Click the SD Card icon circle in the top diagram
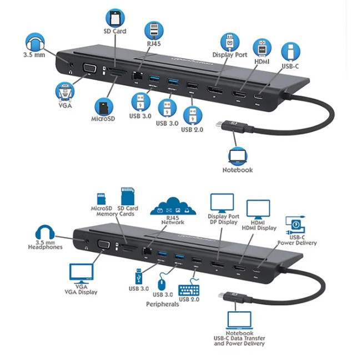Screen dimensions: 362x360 click(x=115, y=18)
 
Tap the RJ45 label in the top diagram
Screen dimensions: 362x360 click(x=154, y=44)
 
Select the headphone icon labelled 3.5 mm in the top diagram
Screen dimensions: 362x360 click(x=35, y=42)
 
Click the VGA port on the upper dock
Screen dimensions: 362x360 click(x=89, y=69)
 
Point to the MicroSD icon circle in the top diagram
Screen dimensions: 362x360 click(x=104, y=107)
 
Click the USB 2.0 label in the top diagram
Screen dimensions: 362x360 click(x=192, y=130)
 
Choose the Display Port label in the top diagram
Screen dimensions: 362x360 click(x=230, y=55)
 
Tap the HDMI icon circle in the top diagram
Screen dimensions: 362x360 click(x=262, y=48)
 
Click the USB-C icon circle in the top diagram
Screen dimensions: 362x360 click(x=291, y=51)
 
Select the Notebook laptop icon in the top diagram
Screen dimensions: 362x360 click(x=238, y=157)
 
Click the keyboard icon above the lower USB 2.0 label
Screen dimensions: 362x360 click(x=189, y=290)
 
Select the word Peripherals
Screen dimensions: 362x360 click(x=163, y=304)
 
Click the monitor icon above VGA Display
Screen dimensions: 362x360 click(x=82, y=273)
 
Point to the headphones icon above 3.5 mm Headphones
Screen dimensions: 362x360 click(x=45, y=232)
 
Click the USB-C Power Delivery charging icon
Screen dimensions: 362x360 click(x=295, y=225)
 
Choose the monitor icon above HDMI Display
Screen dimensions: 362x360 click(x=258, y=210)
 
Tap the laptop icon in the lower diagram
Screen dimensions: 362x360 click(x=239, y=320)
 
